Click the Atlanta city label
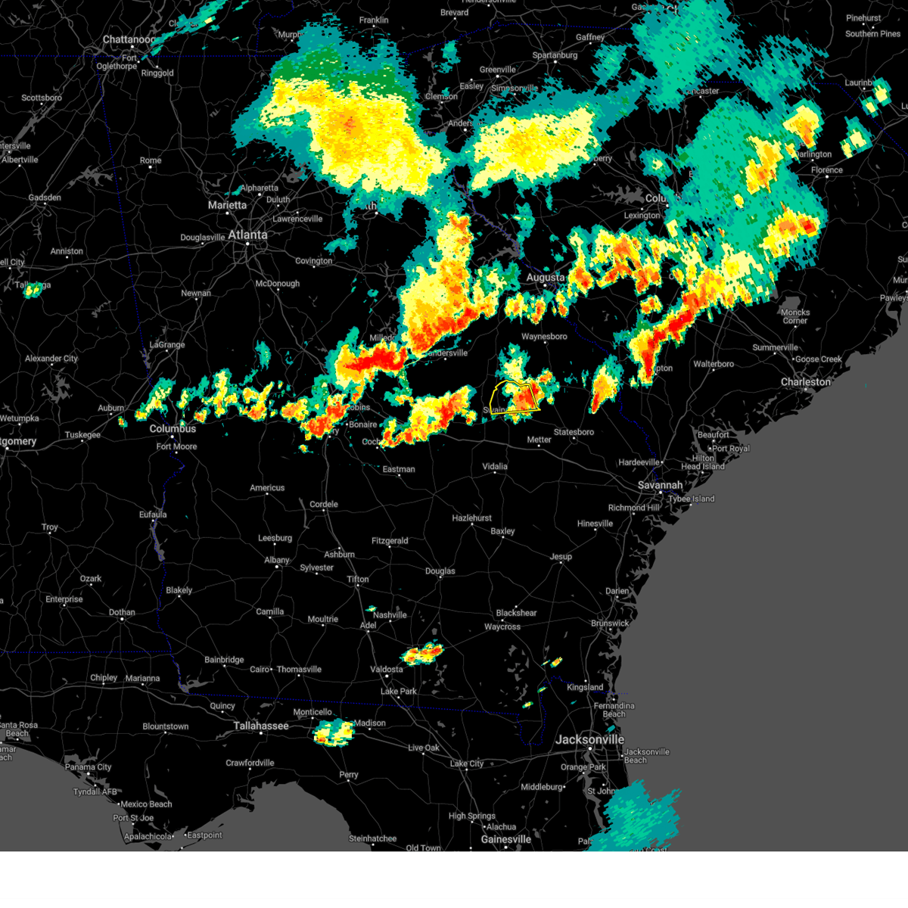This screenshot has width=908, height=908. pyautogui.click(x=247, y=235)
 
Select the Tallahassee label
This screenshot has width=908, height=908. pyautogui.click(x=260, y=726)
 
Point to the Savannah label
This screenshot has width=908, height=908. pyautogui.click(x=659, y=485)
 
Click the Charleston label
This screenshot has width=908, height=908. pyautogui.click(x=806, y=382)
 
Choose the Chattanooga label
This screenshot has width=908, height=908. pyautogui.click(x=129, y=39)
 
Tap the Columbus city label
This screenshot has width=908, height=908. pyautogui.click(x=173, y=428)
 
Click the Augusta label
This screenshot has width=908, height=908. pyautogui.click(x=545, y=278)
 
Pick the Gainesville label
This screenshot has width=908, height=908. pyautogui.click(x=505, y=839)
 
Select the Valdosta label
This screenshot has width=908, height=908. pyautogui.click(x=386, y=669)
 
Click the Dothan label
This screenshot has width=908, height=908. pyautogui.click(x=121, y=612)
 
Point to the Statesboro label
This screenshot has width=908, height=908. pyautogui.click(x=574, y=432)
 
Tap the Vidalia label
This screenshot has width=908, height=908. pyautogui.click(x=495, y=466)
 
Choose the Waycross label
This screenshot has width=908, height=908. pyautogui.click(x=502, y=627)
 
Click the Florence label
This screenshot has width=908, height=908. pyautogui.click(x=826, y=170)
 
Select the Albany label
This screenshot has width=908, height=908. pyautogui.click(x=276, y=560)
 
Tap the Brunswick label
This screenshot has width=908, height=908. pyautogui.click(x=610, y=623)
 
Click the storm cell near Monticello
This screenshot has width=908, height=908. pyautogui.click(x=333, y=732)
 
